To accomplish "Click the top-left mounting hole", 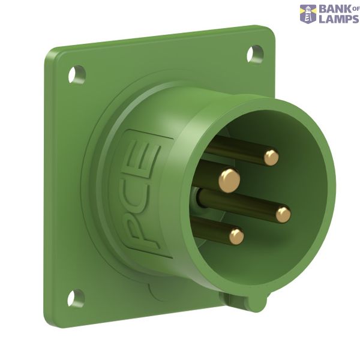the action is pos(77,74).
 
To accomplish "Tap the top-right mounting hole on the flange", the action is pos(255,54).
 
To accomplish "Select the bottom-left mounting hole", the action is pos(76,298).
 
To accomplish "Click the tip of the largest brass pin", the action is pos(229,181).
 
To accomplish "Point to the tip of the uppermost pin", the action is pos(271,158).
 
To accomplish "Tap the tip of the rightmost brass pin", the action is pos(283,215).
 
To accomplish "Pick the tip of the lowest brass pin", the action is pos(236,236).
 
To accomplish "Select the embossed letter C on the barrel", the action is pos(142,193).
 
